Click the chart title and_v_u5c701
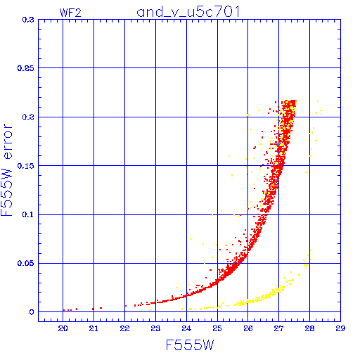(x=188, y=12)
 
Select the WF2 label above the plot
(x=70, y=13)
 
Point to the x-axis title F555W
(x=190, y=345)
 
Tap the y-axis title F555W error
(x=7, y=169)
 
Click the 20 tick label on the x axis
(x=63, y=328)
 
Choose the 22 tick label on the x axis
(x=124, y=328)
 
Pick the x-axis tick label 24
(x=186, y=328)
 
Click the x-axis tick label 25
(x=217, y=328)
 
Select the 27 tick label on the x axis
(x=279, y=328)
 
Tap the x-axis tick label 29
(x=340, y=328)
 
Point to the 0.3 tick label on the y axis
(x=28, y=20)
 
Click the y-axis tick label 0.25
(x=26, y=68)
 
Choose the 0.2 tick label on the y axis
(x=28, y=117)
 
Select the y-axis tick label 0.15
(x=26, y=166)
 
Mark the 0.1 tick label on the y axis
(x=28, y=214)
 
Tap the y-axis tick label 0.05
(x=26, y=263)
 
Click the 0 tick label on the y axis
(x=32, y=312)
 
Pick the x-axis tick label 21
(x=94, y=328)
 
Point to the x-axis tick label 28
(x=309, y=328)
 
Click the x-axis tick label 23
(x=155, y=328)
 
